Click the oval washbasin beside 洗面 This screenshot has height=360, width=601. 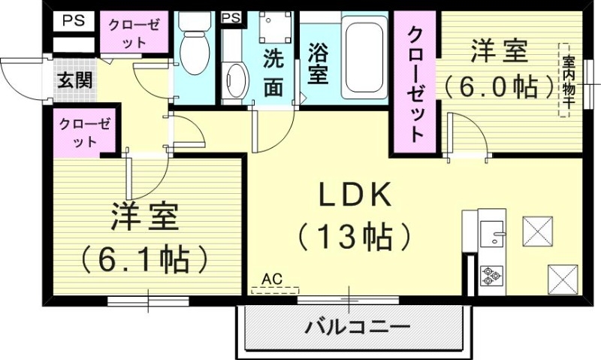236,80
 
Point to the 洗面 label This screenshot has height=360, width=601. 273,73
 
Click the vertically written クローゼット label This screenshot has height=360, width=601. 415,84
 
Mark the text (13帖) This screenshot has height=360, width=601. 354,237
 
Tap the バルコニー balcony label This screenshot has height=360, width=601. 357,328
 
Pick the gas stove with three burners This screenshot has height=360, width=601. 492,276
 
